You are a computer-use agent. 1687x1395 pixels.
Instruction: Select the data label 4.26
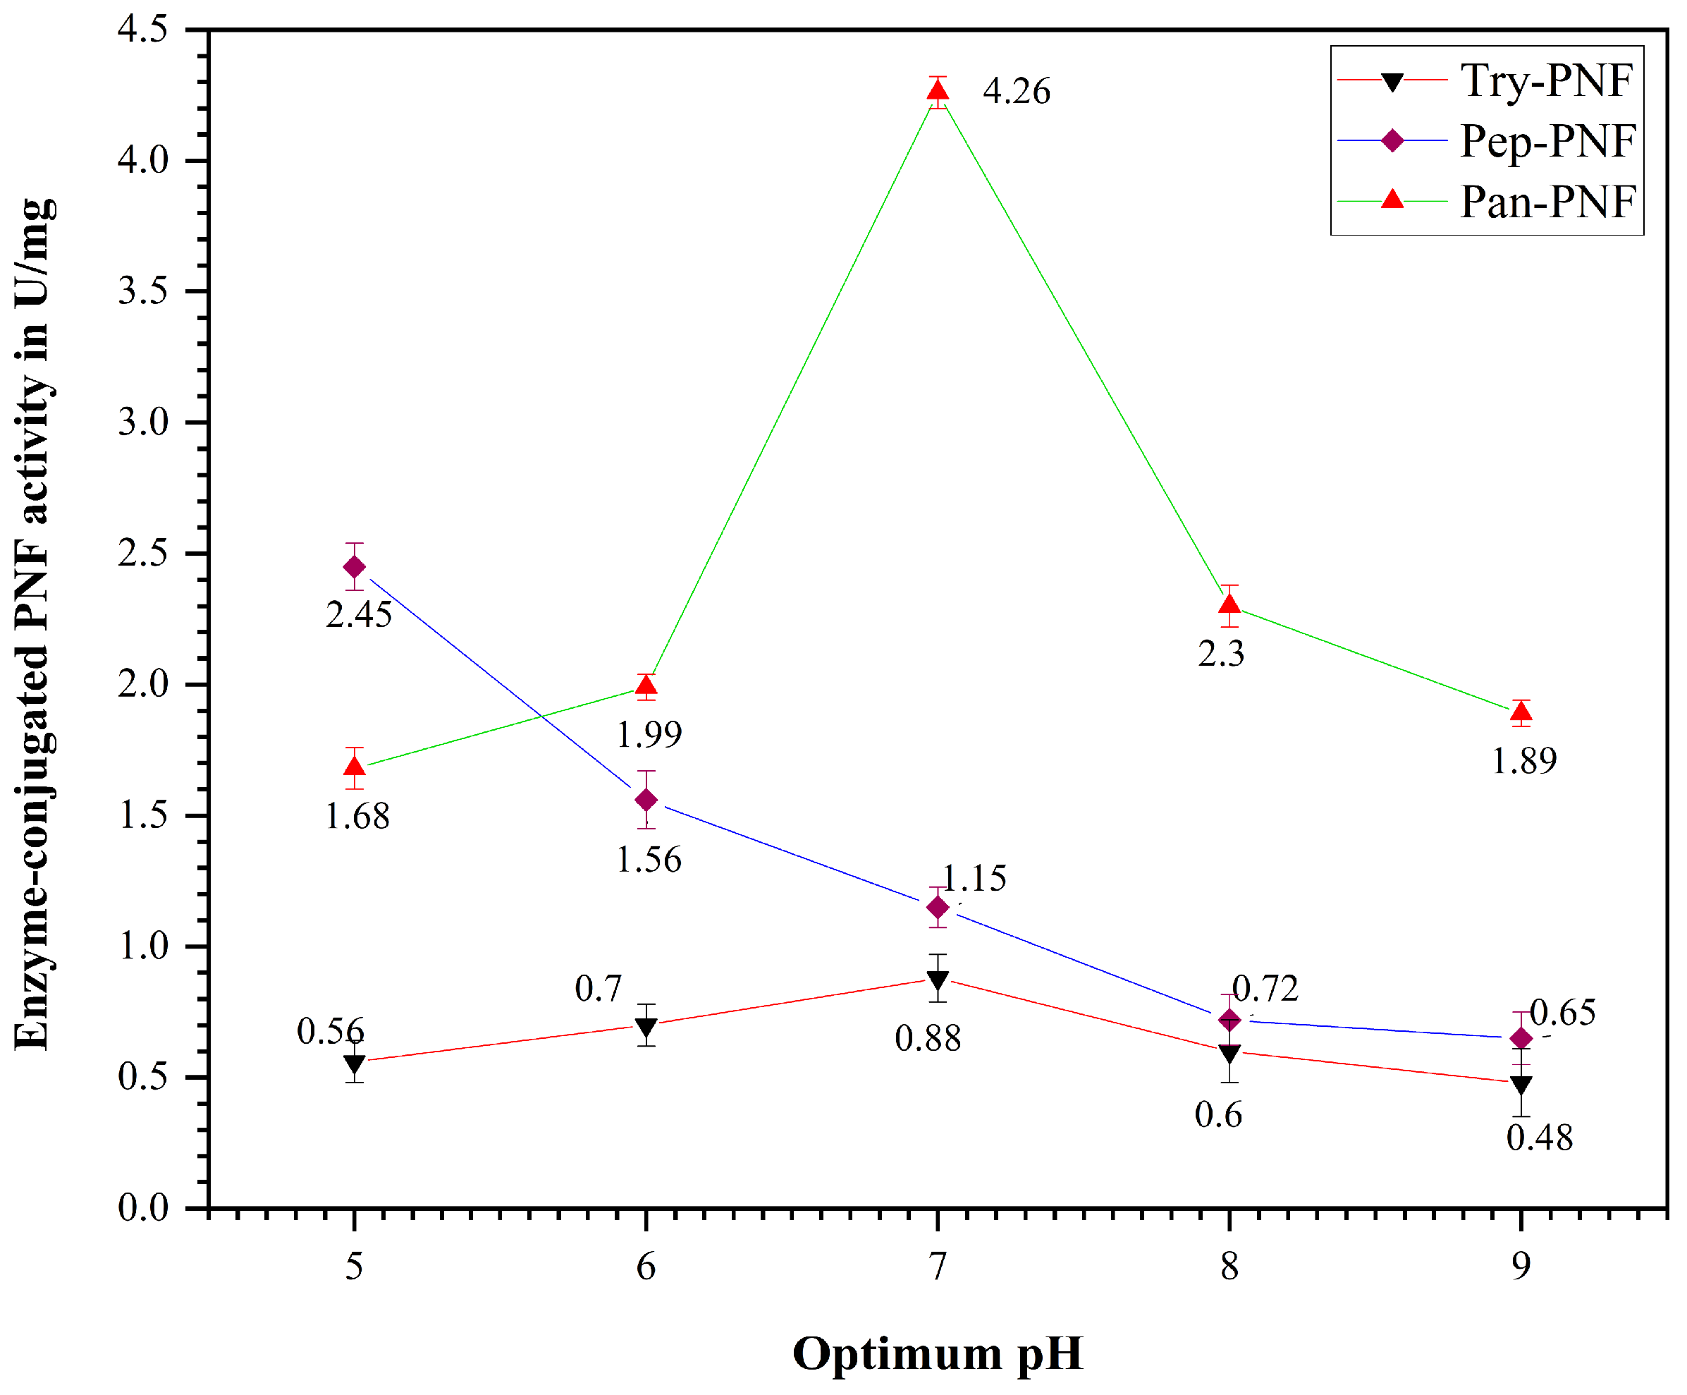tap(1016, 92)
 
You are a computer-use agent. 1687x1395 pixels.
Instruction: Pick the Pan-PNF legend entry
tap(1547, 201)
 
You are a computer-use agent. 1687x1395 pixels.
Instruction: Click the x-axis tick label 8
tap(1229, 1267)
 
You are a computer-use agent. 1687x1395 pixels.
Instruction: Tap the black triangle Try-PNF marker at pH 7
tap(938, 980)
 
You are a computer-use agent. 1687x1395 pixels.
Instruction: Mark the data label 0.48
tap(1539, 1138)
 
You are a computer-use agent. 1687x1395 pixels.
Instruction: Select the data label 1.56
tap(649, 860)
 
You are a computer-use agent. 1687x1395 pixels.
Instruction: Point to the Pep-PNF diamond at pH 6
tap(646, 800)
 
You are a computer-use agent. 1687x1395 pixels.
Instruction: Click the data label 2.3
tap(1221, 654)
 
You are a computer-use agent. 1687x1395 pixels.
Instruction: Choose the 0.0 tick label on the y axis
tap(143, 1208)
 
